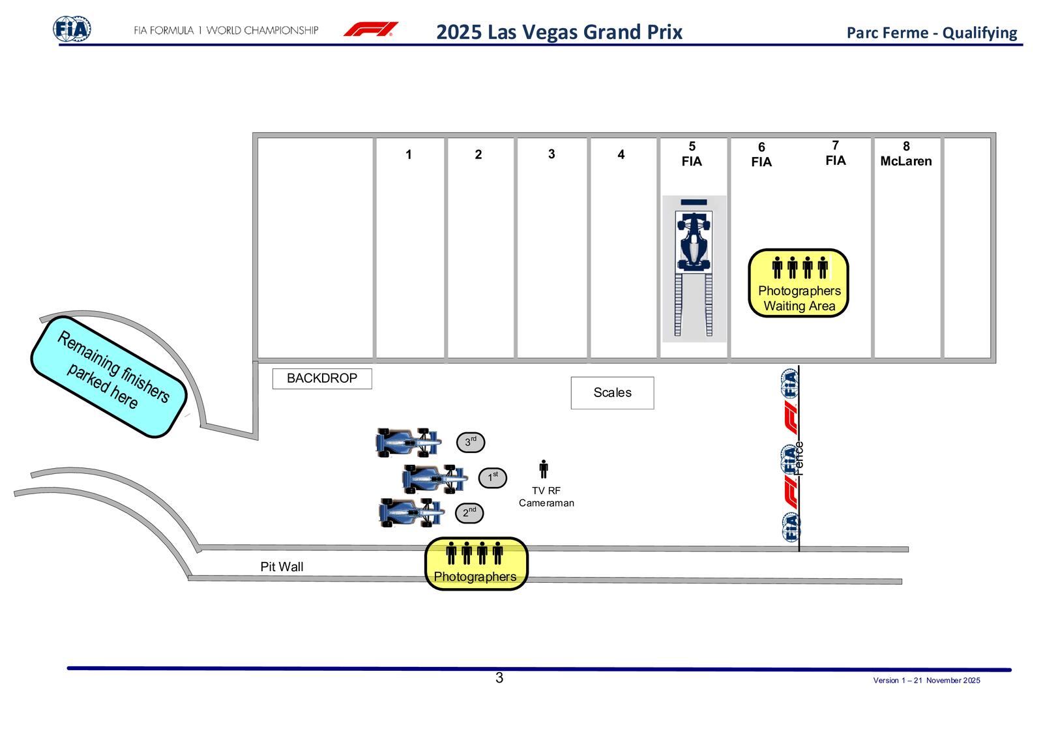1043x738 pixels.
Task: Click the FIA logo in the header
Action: click(72, 29)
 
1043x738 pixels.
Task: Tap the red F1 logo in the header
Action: click(370, 29)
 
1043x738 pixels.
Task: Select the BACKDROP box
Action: click(322, 379)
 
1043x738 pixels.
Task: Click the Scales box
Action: click(612, 392)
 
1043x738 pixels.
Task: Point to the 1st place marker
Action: click(492, 477)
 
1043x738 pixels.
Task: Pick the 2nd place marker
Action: click(469, 513)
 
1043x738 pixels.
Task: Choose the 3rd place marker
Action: click(470, 442)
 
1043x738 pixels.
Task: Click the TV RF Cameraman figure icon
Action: click(544, 469)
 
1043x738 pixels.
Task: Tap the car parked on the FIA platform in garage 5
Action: click(694, 241)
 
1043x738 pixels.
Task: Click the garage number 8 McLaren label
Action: click(906, 155)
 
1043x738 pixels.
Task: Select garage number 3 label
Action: click(551, 154)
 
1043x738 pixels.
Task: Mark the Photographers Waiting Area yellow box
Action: click(799, 283)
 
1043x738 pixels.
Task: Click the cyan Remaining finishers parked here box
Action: click(109, 377)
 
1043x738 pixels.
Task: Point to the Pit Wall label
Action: click(282, 567)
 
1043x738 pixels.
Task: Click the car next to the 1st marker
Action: click(434, 479)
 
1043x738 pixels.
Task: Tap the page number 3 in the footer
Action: click(499, 678)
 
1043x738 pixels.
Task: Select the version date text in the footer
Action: click(926, 681)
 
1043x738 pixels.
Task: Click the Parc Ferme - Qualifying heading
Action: click(932, 33)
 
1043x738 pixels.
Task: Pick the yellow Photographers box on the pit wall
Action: click(476, 564)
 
